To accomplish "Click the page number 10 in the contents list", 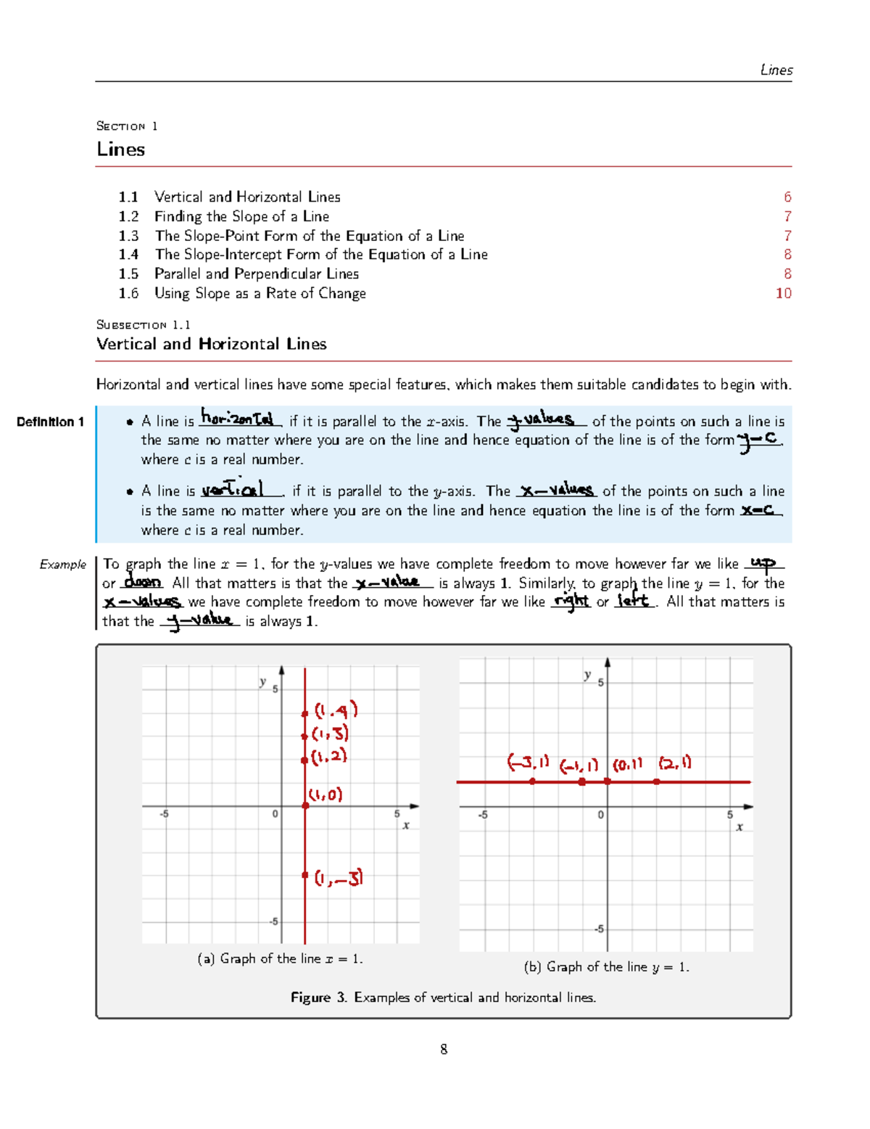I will [x=783, y=293].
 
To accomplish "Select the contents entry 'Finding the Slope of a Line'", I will [x=241, y=216].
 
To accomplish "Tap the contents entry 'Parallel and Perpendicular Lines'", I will [x=256, y=274].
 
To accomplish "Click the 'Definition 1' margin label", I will [x=50, y=422].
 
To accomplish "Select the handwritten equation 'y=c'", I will [x=758, y=439].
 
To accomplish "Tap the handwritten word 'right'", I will [x=571, y=601].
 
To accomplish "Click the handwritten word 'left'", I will [x=634, y=601].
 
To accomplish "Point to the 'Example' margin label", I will [x=63, y=564].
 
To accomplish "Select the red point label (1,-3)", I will [x=339, y=878].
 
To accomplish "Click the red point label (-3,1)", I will [x=528, y=763].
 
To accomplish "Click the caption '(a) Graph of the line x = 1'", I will [x=280, y=958].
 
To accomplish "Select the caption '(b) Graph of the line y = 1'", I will [x=606, y=966].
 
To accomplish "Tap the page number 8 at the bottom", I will [x=444, y=1049].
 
